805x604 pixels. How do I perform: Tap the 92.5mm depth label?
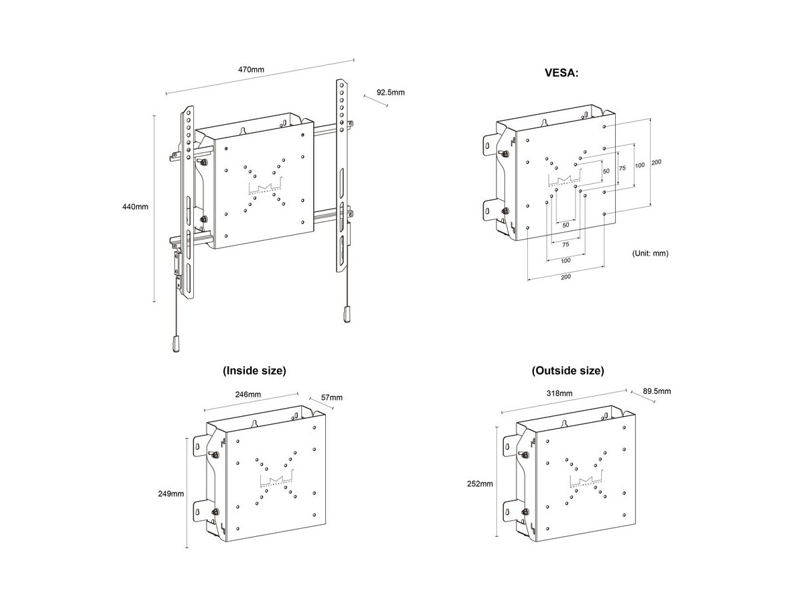[x=390, y=93]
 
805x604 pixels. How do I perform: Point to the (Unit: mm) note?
[x=650, y=253]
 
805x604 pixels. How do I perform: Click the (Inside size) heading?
[x=254, y=370]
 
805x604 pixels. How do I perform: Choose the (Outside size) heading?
[x=568, y=370]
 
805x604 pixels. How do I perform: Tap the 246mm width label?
[x=248, y=395]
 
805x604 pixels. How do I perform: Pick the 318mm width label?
[x=561, y=393]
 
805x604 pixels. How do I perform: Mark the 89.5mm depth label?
[x=657, y=391]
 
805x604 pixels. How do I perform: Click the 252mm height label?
[x=482, y=483]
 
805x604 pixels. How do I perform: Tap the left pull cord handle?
[x=176, y=345]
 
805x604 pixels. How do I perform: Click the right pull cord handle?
[x=347, y=313]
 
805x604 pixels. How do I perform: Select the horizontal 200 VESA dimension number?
[x=566, y=277]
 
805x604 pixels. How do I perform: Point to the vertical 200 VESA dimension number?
[x=656, y=162]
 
